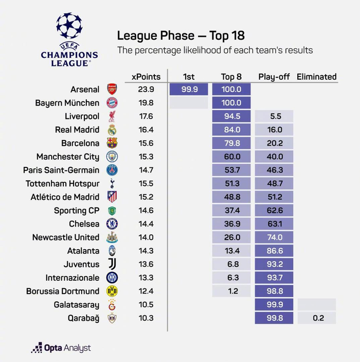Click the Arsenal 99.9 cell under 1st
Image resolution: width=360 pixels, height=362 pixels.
(x=189, y=90)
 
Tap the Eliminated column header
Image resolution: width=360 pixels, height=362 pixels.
(x=316, y=77)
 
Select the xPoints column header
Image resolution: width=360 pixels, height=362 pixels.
(x=146, y=77)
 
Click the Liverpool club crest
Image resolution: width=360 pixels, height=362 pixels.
(x=112, y=116)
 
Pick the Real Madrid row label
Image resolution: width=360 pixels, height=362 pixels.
(x=77, y=130)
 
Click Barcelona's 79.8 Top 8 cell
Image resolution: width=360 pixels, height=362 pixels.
(x=231, y=143)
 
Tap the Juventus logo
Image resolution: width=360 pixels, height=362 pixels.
(x=112, y=264)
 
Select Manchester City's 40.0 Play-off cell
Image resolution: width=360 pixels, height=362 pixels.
(x=274, y=157)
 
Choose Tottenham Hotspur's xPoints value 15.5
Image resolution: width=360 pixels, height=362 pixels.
(x=146, y=183)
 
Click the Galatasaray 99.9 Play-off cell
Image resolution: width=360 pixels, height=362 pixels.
(x=274, y=304)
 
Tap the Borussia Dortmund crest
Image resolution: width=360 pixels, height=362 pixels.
(x=112, y=291)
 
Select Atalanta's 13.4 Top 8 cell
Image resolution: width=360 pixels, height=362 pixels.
(x=231, y=251)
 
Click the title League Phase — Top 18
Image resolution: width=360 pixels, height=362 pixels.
(x=181, y=36)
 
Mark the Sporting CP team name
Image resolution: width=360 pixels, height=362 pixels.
(x=77, y=211)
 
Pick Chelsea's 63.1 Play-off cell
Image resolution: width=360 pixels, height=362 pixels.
(x=274, y=224)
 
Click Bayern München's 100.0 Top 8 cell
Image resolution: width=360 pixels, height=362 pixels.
(x=231, y=103)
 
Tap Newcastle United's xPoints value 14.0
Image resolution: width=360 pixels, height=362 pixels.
(x=146, y=237)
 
